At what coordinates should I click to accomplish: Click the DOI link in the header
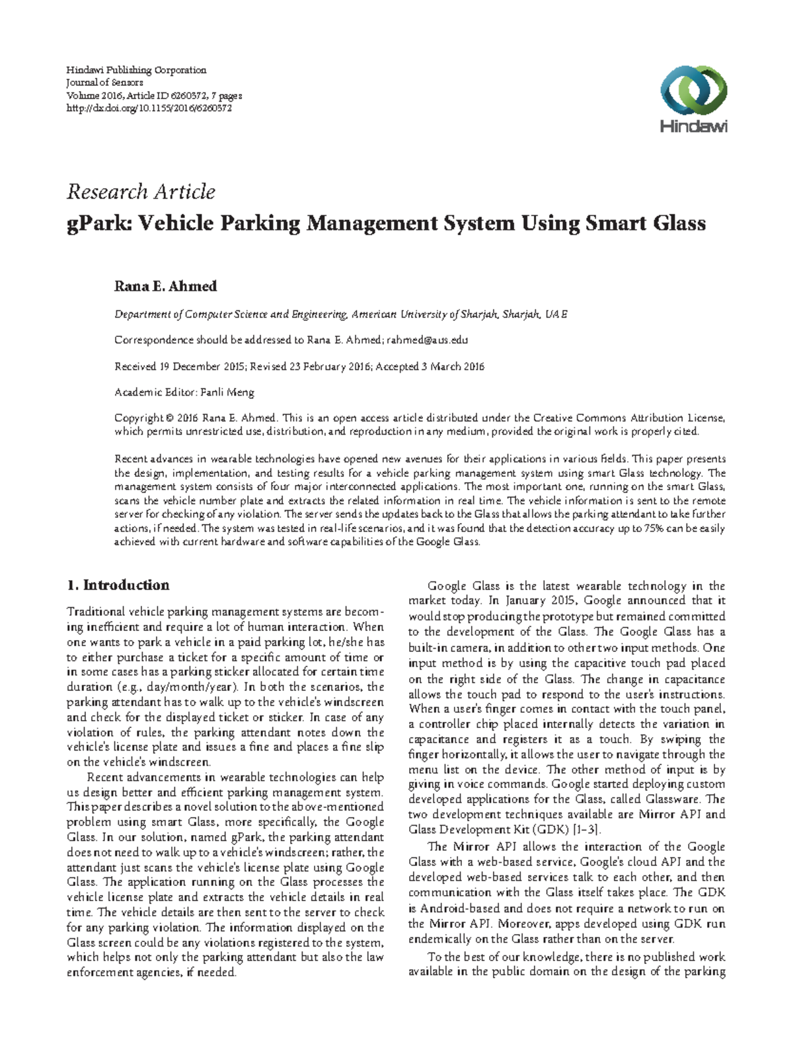pyautogui.click(x=149, y=108)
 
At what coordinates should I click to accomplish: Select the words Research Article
pyautogui.click(x=141, y=192)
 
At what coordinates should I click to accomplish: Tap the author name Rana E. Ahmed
pyautogui.click(x=165, y=287)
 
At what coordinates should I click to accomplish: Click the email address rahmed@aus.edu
pyautogui.click(x=427, y=340)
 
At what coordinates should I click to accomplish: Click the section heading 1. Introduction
pyautogui.click(x=118, y=585)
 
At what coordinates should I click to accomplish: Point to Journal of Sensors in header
pyautogui.click(x=104, y=83)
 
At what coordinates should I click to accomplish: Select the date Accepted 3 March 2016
pyautogui.click(x=430, y=367)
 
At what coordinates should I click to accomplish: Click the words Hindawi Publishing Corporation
pyautogui.click(x=136, y=70)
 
